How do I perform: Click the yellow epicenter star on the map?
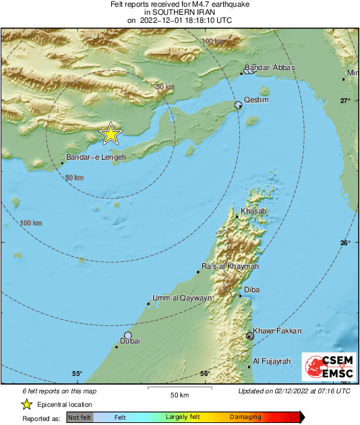[111, 134]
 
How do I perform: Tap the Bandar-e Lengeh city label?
[96, 156]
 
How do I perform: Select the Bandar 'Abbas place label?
[270, 67]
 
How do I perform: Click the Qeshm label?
[256, 100]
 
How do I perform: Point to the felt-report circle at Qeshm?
[238, 105]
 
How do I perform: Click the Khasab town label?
[254, 211]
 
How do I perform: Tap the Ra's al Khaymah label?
[230, 267]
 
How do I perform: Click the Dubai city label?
[130, 341]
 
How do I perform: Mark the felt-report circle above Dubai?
[127, 335]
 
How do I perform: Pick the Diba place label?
[251, 290]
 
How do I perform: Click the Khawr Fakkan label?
[277, 331]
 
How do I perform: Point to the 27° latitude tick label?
[344, 100]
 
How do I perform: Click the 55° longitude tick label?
[77, 374]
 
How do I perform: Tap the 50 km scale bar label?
[179, 394]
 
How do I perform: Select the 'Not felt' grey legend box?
[80, 418]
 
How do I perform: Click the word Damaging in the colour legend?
[245, 418]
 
